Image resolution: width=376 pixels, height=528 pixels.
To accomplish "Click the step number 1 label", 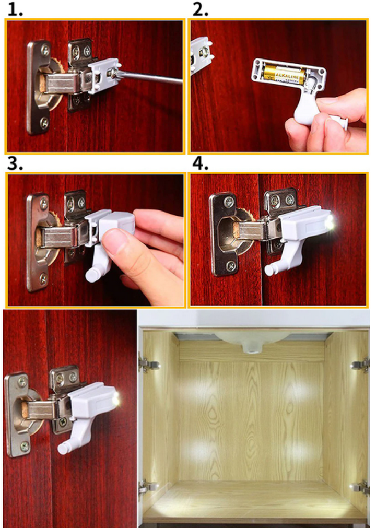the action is (15, 10).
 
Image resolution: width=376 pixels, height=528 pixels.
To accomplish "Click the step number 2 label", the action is (201, 10).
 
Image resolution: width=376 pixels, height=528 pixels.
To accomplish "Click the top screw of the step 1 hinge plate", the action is (45, 51).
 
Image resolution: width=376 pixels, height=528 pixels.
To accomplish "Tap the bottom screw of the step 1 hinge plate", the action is (44, 123).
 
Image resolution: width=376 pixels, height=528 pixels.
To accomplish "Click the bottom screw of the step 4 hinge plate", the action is (231, 266).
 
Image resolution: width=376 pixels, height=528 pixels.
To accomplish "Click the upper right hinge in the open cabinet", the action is (360, 365).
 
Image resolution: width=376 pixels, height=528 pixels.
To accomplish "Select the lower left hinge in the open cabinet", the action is (148, 487).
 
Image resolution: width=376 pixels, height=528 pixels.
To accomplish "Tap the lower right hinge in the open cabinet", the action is (360, 487).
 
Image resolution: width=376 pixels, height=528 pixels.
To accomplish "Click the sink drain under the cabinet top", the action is (251, 348).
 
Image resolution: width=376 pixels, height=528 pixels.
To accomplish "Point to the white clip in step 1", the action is (104, 75).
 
